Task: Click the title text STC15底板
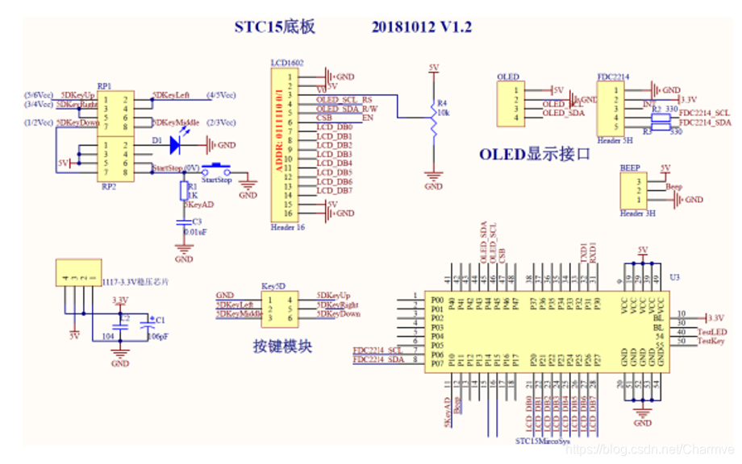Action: [x=274, y=27]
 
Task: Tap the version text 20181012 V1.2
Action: [x=421, y=27]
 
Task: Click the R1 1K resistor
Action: [x=184, y=191]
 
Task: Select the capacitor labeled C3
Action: [x=184, y=226]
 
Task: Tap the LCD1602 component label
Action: [x=288, y=62]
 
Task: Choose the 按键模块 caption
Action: [x=282, y=347]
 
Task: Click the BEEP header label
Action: [x=630, y=168]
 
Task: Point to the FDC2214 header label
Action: [x=613, y=77]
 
